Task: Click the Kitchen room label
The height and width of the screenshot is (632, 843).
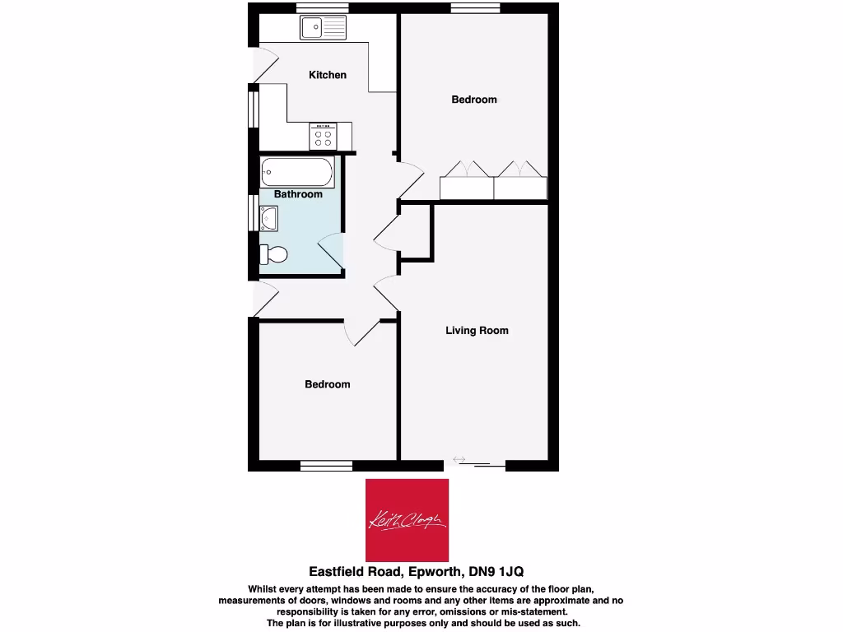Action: tap(328, 75)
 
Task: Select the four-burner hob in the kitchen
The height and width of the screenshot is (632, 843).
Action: tap(323, 136)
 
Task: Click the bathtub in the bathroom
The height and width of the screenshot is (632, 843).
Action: tap(297, 173)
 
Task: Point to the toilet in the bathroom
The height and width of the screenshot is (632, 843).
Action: tap(273, 254)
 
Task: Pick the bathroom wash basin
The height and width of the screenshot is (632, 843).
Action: tap(269, 219)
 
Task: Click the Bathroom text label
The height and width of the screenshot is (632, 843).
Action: tap(298, 194)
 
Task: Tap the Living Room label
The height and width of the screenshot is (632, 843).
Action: tap(477, 331)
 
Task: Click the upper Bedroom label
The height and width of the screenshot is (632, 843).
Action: tap(474, 100)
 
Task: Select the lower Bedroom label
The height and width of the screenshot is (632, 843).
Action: tap(327, 384)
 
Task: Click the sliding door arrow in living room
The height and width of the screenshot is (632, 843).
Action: tap(459, 459)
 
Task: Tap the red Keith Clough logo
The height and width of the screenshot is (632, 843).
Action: tap(407, 520)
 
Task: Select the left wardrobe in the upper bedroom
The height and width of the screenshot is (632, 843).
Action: tap(466, 187)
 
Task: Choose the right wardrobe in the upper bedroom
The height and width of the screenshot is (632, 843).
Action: tap(520, 187)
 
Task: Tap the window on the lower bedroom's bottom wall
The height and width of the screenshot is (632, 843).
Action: tap(327, 467)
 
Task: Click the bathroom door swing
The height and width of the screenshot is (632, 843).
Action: tap(330, 249)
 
